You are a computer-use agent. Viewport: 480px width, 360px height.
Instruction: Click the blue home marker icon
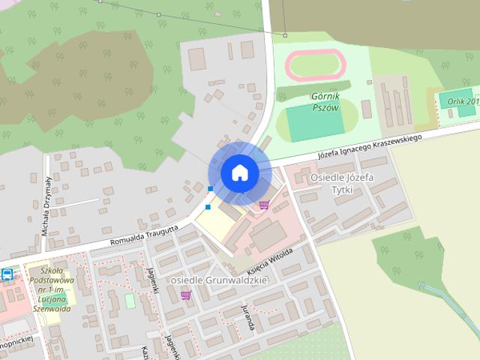click(x=239, y=172)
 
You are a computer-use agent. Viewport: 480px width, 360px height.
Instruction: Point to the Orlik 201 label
click(x=461, y=101)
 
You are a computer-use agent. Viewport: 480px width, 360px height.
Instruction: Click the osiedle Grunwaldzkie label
click(x=219, y=280)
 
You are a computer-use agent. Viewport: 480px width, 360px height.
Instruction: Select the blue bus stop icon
click(x=7, y=274)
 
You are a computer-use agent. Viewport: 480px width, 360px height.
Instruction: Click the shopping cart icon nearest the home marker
click(x=264, y=204)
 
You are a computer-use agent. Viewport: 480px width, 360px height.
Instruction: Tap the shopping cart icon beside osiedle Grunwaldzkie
click(x=185, y=295)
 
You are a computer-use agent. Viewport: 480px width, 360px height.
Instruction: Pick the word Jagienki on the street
click(x=154, y=280)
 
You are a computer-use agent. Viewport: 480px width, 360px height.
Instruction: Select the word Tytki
click(x=341, y=190)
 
